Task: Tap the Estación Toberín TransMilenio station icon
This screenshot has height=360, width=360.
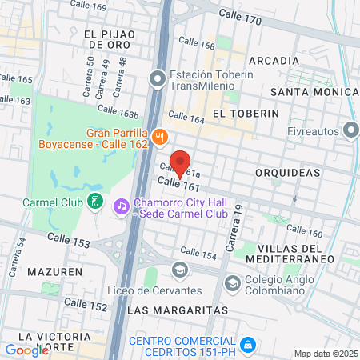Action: (x=158, y=78)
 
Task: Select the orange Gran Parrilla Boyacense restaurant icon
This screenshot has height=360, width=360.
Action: (x=161, y=137)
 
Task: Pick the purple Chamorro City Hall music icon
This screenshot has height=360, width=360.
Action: (x=122, y=206)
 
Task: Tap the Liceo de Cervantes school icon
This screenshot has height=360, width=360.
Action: (x=180, y=269)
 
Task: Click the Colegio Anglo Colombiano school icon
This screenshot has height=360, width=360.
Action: (x=232, y=282)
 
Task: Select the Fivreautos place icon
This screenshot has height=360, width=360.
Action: (x=350, y=130)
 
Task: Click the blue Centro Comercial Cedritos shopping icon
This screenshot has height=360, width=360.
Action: (x=249, y=345)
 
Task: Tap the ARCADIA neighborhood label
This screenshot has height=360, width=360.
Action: (x=274, y=61)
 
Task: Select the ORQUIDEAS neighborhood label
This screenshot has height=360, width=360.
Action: (x=288, y=173)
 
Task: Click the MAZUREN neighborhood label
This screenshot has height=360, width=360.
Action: (x=54, y=272)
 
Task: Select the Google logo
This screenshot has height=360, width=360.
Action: (x=26, y=350)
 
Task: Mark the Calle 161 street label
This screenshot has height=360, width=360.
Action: (x=178, y=185)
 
